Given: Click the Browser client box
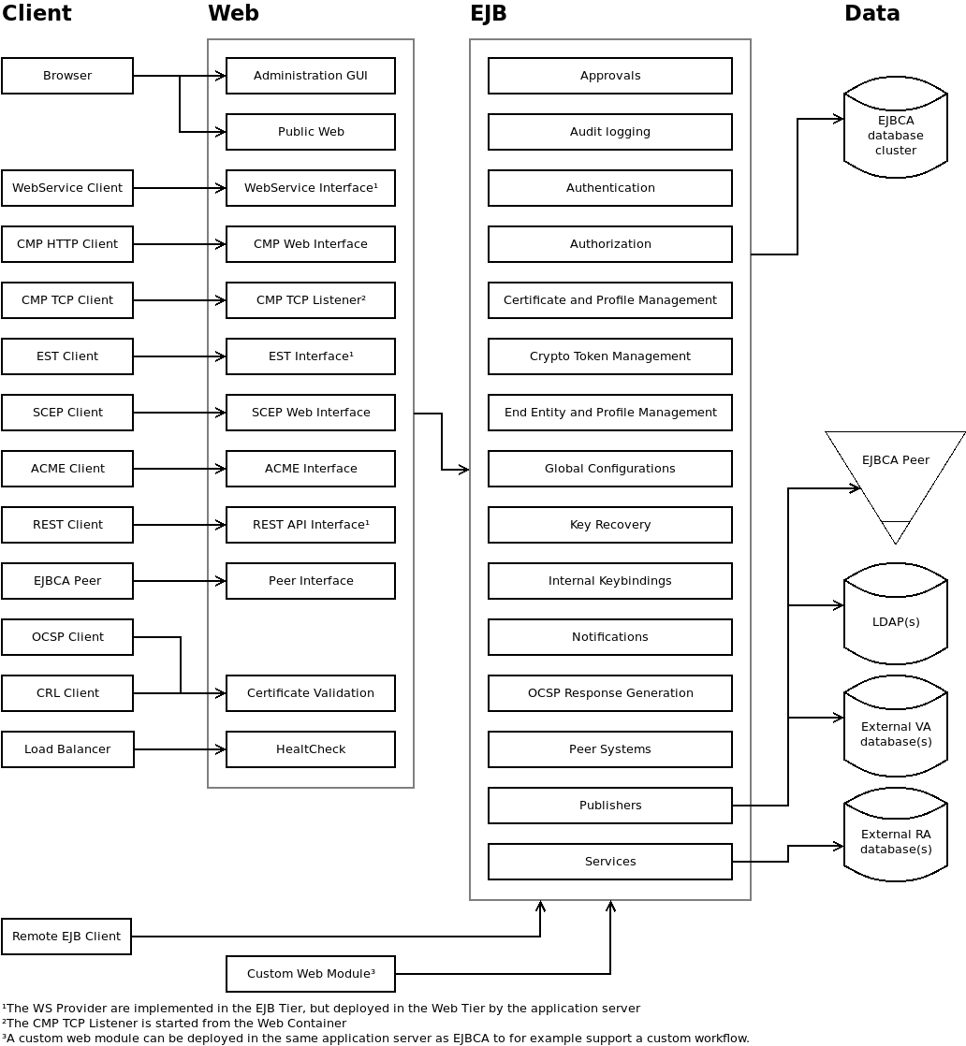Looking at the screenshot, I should [67, 76].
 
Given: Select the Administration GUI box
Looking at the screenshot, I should [311, 76].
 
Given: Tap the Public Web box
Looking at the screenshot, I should [311, 132].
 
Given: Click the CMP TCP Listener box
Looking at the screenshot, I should [311, 300].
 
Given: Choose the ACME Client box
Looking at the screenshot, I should [67, 469].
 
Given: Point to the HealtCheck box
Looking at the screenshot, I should [311, 749].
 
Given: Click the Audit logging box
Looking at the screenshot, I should [609, 132].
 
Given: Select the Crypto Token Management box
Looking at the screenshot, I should [609, 356].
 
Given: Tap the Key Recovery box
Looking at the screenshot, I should [609, 525].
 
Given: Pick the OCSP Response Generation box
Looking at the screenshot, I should [609, 693].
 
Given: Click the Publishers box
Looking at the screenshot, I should [609, 806].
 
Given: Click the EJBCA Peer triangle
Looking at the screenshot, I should [896, 472].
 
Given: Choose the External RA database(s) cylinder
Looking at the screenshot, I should [896, 839].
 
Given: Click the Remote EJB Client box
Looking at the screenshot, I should [66, 937].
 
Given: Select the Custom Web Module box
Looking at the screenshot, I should [311, 974].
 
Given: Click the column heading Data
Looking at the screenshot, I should [871, 13].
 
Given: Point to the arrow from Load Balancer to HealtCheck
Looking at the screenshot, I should [180, 749].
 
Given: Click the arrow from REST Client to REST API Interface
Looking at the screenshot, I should [180, 525].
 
